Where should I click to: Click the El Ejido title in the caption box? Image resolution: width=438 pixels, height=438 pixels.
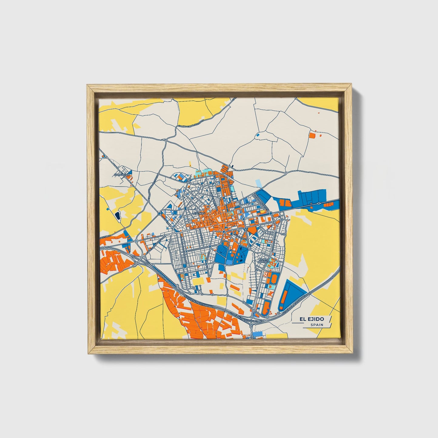tap(312, 319)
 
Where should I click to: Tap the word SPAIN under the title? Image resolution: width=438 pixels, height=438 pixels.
tap(316, 325)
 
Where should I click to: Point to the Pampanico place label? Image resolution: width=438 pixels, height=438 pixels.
tap(122, 175)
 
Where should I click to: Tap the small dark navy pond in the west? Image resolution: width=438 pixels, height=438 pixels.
tap(117, 216)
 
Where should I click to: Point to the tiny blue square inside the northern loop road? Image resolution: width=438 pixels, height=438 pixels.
tap(258, 135)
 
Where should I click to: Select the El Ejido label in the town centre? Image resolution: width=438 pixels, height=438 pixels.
tap(199, 213)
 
